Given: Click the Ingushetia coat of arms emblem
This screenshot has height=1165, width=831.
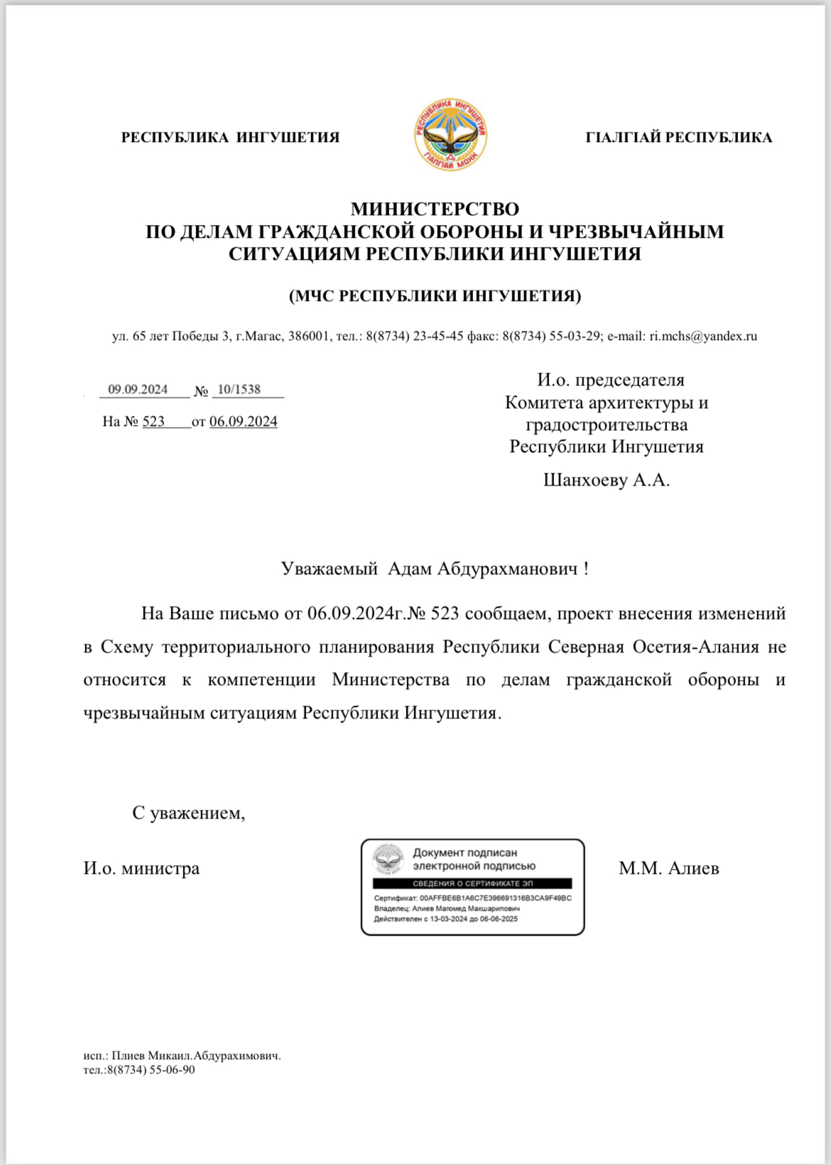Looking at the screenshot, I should coord(450,136).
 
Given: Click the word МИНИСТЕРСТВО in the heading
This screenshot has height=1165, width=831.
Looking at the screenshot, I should coord(435,209).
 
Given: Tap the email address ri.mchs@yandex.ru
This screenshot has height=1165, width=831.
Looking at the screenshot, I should coord(703,337).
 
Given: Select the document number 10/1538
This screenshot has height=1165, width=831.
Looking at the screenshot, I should coord(239,389).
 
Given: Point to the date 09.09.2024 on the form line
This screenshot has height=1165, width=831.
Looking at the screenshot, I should coord(138,389).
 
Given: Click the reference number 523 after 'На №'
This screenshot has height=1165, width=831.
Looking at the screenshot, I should coord(153,422).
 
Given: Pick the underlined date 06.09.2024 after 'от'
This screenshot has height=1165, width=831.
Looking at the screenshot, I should coord(244,422).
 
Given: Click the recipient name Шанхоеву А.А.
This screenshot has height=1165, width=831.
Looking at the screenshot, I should coord(607,481).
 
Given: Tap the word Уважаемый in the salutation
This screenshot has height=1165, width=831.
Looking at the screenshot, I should coord(329,569).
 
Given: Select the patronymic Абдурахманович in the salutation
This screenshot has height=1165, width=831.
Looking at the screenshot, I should coord(507,569).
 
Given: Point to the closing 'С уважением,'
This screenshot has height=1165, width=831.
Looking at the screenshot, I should coord(189,813).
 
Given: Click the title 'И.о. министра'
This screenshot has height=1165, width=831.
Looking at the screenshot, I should coord(141,868).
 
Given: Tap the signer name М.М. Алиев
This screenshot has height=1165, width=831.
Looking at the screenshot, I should coord(668,868).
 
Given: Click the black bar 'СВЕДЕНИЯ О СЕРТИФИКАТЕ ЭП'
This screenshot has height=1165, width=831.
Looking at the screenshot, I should coord(472,884).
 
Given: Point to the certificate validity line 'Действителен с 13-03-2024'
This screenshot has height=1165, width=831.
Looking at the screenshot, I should coord(446,919).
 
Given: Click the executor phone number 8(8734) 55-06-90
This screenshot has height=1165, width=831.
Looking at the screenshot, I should coord(150,1070).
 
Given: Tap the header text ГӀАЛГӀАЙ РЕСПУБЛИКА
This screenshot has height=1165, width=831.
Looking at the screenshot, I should coord(678,138).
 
